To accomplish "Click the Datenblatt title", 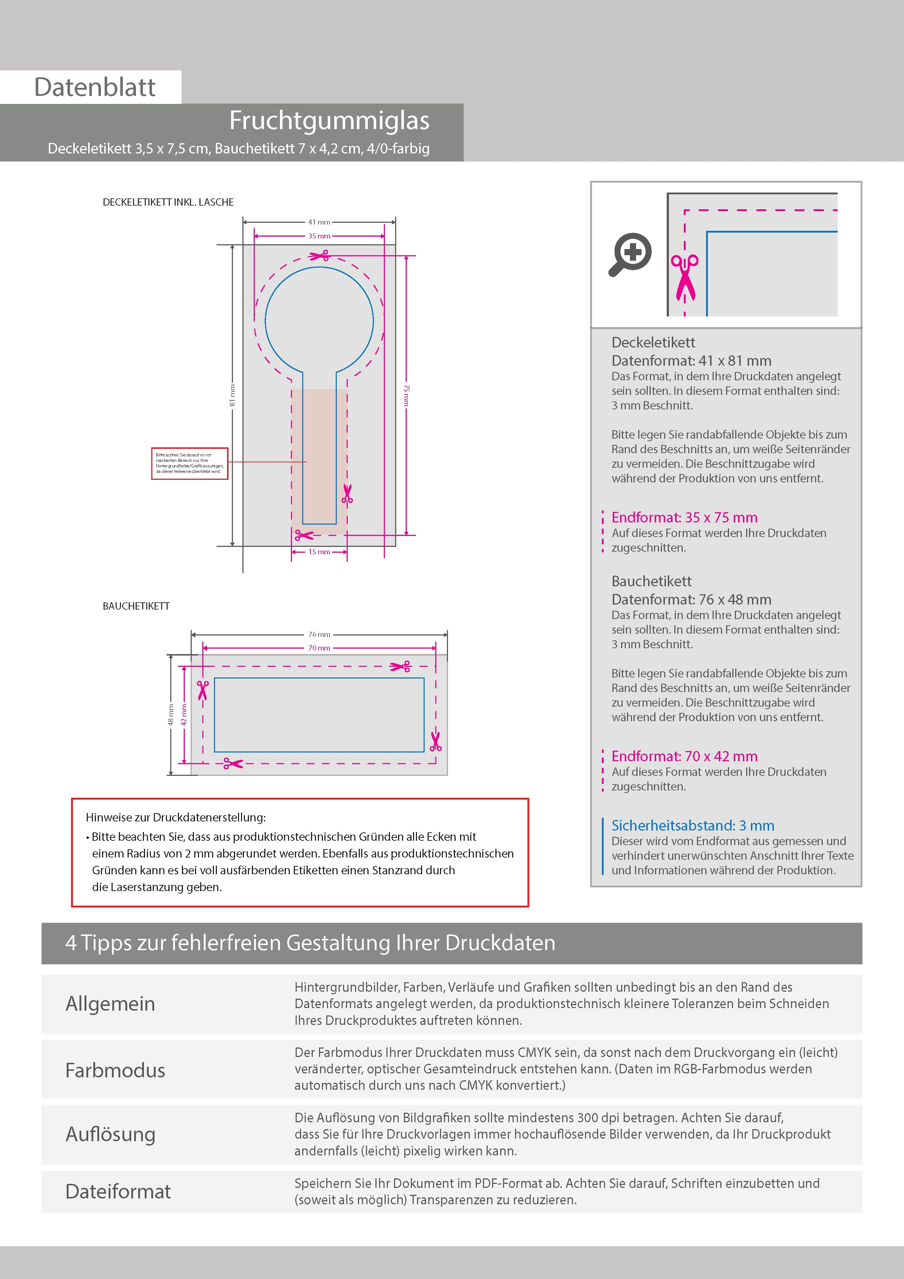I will pyautogui.click(x=95, y=88).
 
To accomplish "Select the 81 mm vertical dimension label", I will pyautogui.click(x=232, y=395).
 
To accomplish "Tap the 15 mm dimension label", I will pyautogui.click(x=319, y=552).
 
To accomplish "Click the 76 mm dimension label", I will pyautogui.click(x=319, y=634).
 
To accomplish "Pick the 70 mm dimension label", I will pyautogui.click(x=319, y=648).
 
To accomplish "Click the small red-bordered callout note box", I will pyautogui.click(x=190, y=463).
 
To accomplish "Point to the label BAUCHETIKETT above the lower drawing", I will pyautogui.click(x=136, y=606).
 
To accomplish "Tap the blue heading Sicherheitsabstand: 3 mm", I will pyautogui.click(x=692, y=825).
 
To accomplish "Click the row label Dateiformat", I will pyautogui.click(x=118, y=1191).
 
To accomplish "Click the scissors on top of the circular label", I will pyautogui.click(x=320, y=256).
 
